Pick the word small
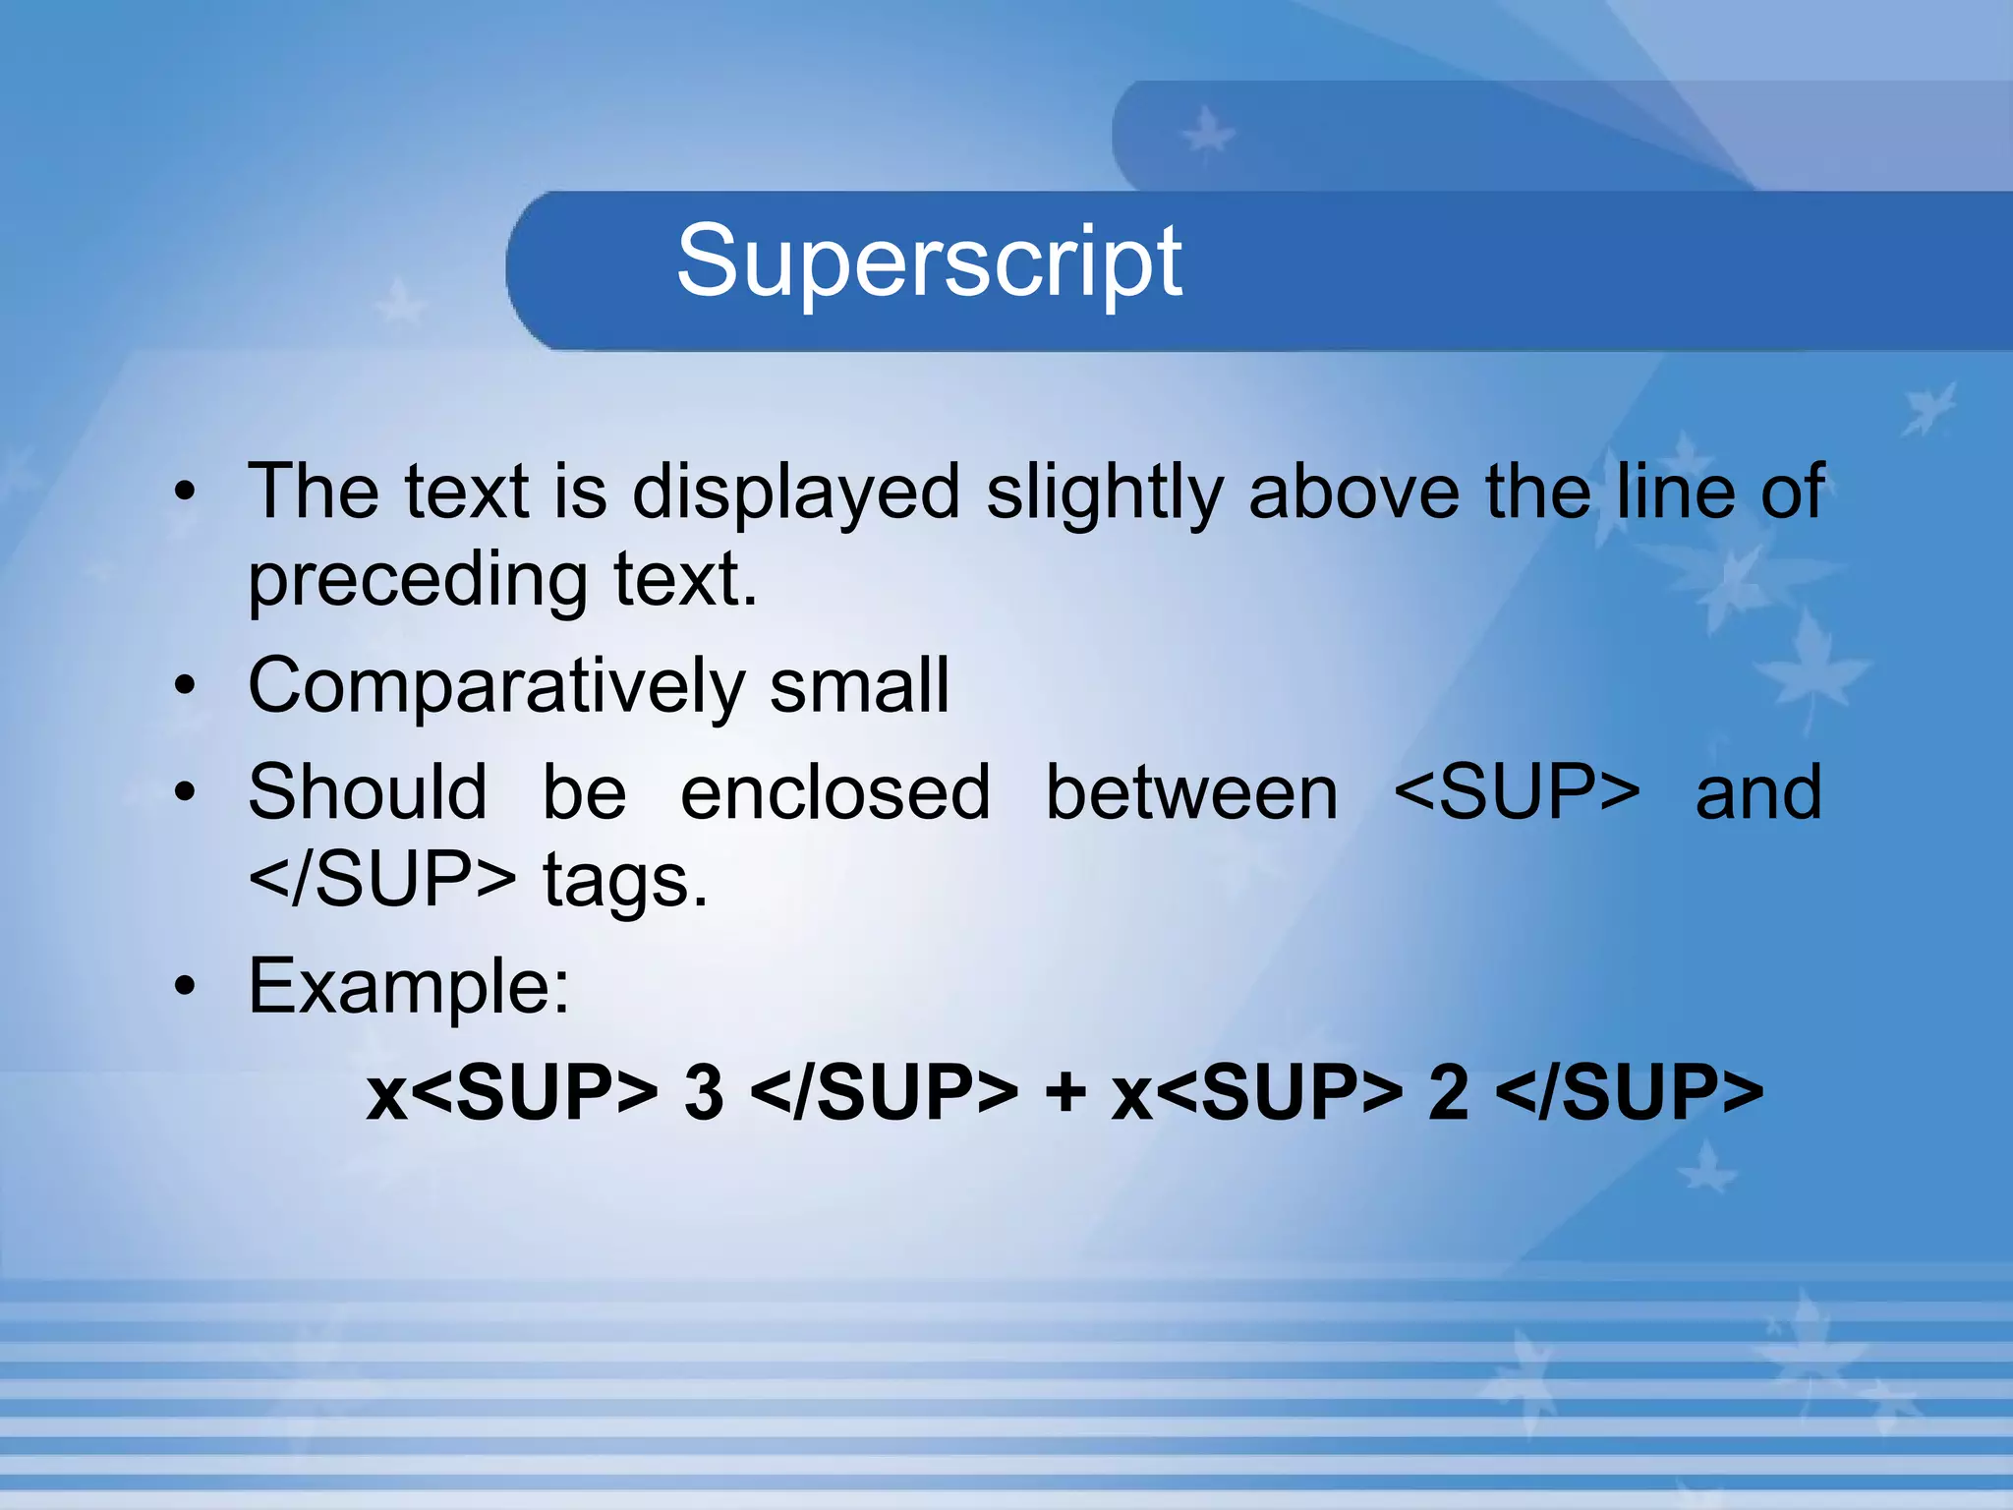(x=859, y=686)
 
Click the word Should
(x=368, y=792)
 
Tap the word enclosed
(x=835, y=792)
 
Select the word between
(x=1191, y=792)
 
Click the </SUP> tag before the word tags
(x=381, y=880)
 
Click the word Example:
(x=409, y=987)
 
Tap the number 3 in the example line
(x=704, y=1093)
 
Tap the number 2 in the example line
(x=1448, y=1093)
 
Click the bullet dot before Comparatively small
(x=185, y=687)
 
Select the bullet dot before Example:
(x=185, y=987)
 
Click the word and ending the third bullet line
(x=1758, y=792)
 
